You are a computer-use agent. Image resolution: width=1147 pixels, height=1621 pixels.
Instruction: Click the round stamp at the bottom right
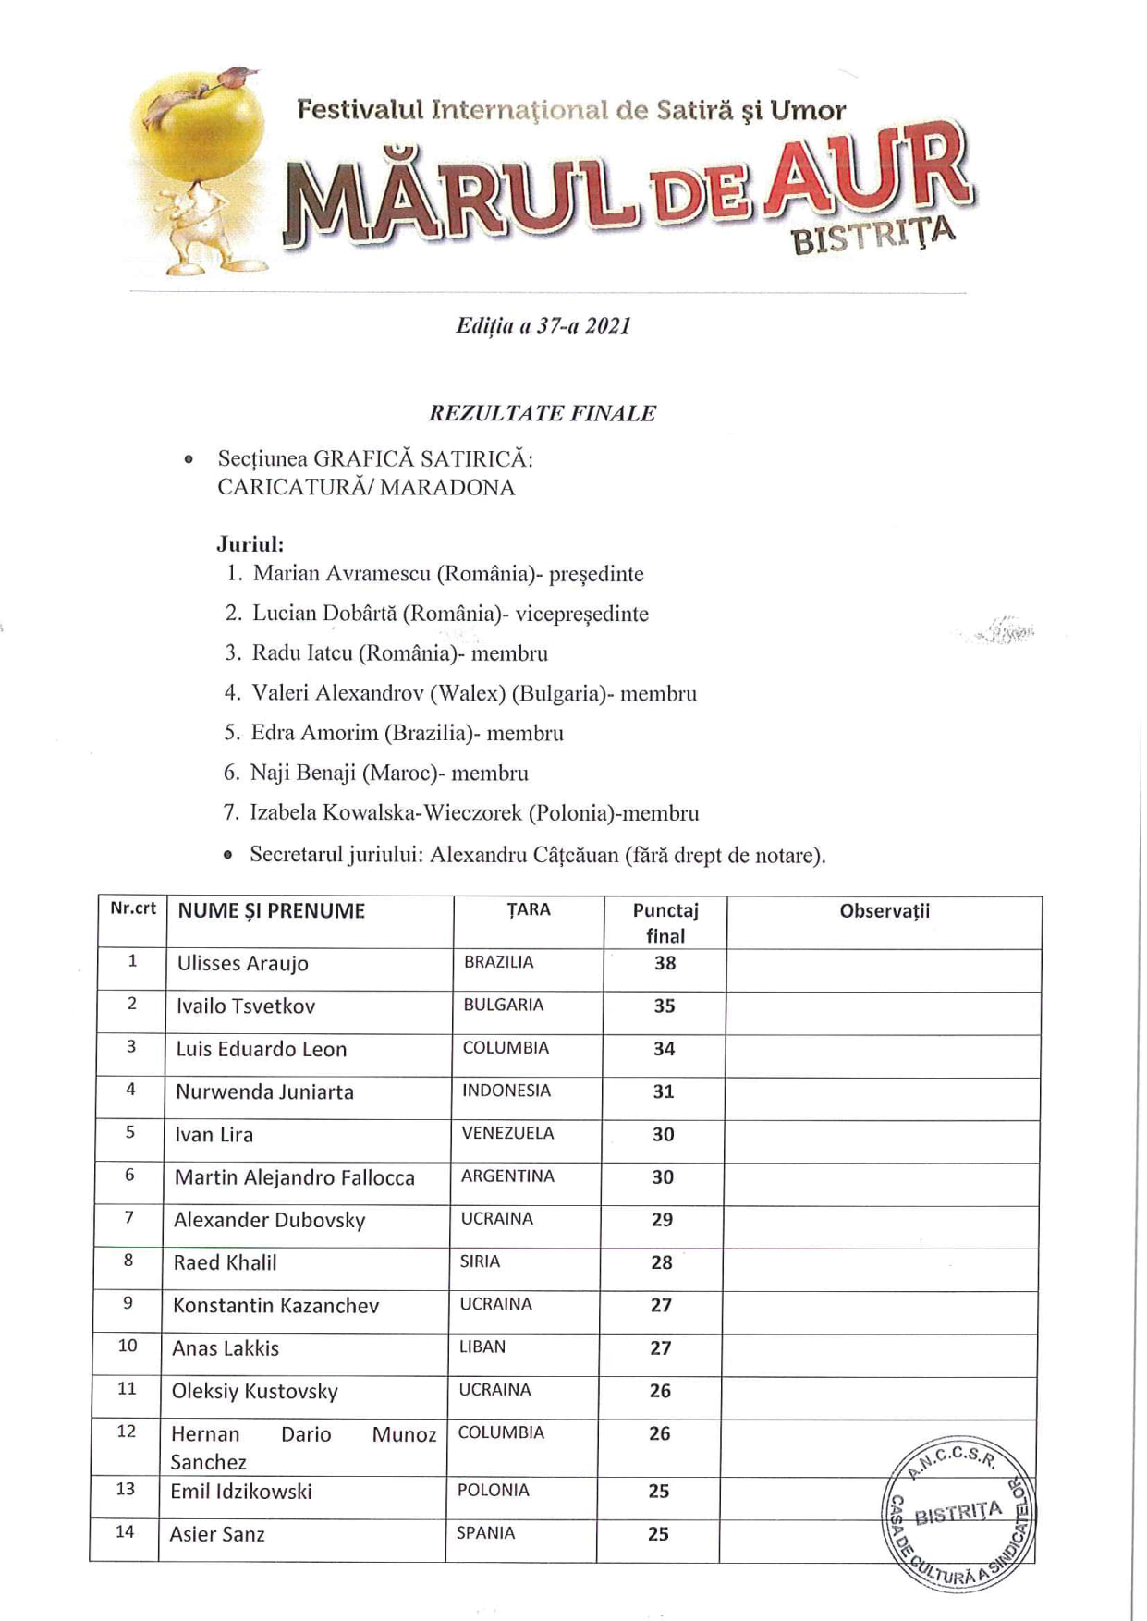click(958, 1513)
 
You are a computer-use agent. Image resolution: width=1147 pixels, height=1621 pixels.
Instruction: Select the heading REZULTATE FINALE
click(542, 413)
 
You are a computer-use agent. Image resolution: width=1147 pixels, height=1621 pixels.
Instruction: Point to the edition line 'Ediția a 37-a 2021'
click(543, 325)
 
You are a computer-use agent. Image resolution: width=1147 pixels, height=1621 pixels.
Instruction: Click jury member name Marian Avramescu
click(342, 574)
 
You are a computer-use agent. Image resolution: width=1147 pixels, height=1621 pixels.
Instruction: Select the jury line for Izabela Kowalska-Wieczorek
click(473, 813)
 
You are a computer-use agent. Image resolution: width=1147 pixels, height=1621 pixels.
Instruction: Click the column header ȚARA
click(528, 909)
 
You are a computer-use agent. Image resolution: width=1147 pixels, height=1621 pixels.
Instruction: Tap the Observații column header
click(885, 911)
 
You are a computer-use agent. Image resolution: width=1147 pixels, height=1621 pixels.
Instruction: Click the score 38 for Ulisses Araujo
click(665, 963)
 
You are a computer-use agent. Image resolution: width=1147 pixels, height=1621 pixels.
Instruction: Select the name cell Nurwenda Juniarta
click(264, 1091)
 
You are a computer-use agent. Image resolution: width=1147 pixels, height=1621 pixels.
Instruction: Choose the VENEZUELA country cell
click(507, 1133)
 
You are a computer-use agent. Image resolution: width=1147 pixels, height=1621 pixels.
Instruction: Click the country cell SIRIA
click(480, 1261)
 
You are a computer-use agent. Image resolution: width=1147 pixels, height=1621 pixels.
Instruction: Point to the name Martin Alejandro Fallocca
click(294, 1177)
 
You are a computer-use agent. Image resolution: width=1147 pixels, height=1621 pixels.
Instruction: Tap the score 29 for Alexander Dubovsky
click(662, 1220)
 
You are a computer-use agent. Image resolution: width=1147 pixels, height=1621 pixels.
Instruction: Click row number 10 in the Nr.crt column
click(128, 1346)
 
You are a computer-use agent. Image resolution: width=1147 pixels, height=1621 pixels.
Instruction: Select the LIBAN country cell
click(482, 1347)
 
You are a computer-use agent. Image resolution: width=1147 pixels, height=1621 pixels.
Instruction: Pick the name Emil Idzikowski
click(241, 1491)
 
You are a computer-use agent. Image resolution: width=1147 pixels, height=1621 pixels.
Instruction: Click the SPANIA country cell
click(485, 1532)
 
